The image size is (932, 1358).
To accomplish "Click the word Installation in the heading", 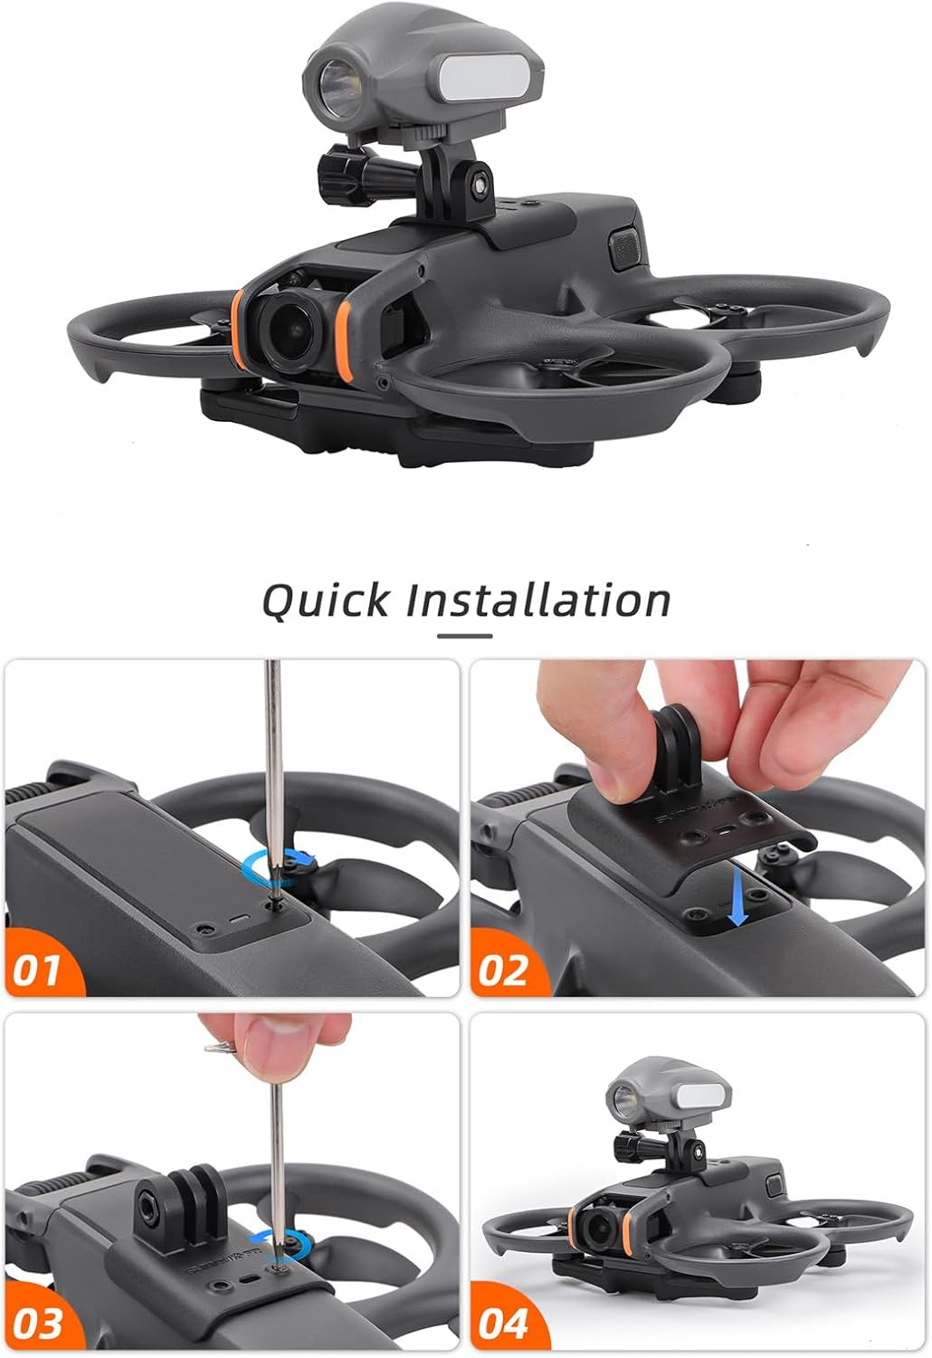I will coord(537,600).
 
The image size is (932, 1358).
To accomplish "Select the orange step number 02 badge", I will coord(503,971).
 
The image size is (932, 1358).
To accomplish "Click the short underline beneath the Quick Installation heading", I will coord(465,636).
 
